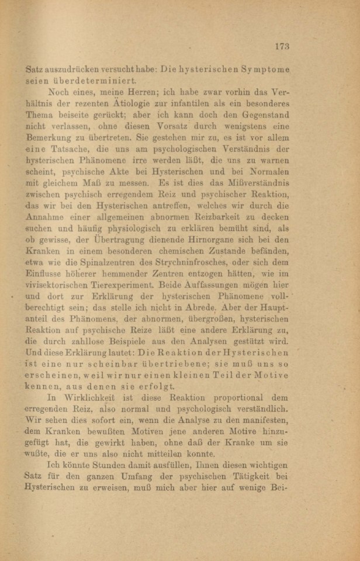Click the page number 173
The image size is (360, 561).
(281, 46)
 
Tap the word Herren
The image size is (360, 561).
(149, 93)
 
